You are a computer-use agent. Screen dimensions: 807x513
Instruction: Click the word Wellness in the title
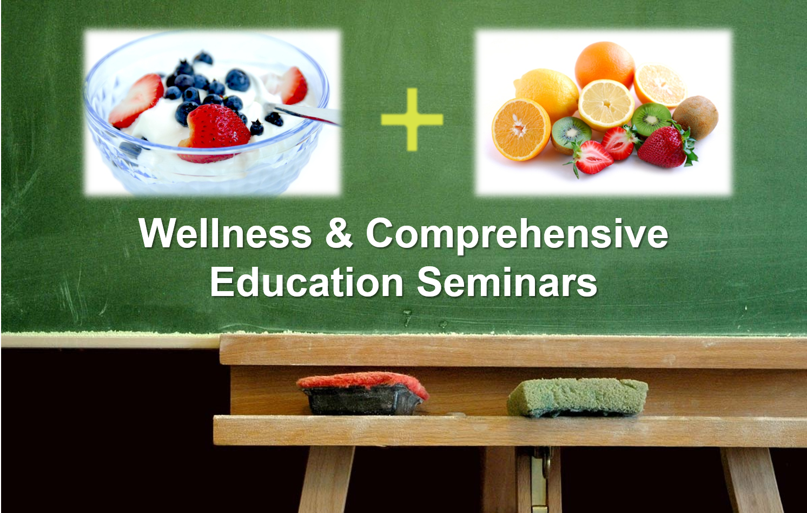pos(225,233)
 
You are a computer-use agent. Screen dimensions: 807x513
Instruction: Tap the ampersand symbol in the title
pos(339,233)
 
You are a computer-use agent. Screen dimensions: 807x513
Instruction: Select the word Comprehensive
pos(517,236)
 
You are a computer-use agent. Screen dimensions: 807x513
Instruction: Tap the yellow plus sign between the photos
pos(412,120)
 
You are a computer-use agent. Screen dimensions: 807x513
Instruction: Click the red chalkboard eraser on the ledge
pos(363,393)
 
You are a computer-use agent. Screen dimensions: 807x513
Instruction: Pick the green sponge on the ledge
pos(577,398)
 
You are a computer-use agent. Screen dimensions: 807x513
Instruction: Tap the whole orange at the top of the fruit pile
pos(605,65)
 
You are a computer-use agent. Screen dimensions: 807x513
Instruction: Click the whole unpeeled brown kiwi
pos(695,117)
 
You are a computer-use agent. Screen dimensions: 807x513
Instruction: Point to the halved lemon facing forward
pos(606,104)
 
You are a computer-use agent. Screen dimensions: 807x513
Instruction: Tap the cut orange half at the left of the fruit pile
pos(521,129)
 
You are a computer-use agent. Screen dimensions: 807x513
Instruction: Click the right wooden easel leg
pos(751,480)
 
